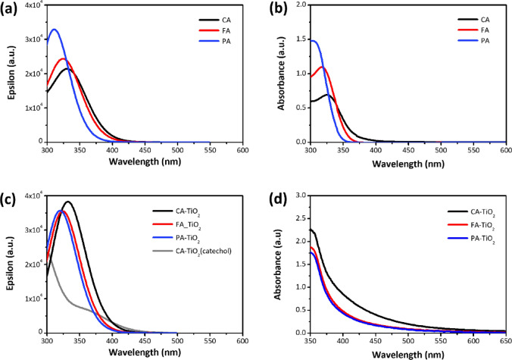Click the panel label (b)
pyautogui.click(x=271, y=10)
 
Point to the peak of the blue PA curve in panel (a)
pyautogui.click(x=54, y=30)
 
